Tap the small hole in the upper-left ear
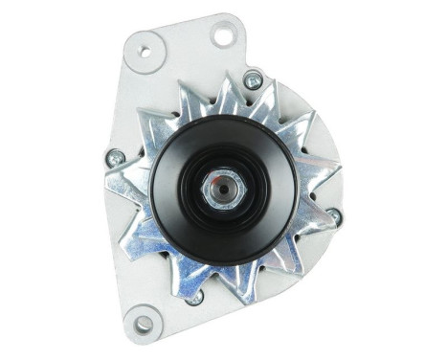[145, 51]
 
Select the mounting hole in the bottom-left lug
[145, 323]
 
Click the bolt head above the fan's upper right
[253, 81]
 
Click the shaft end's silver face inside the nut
[219, 186]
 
